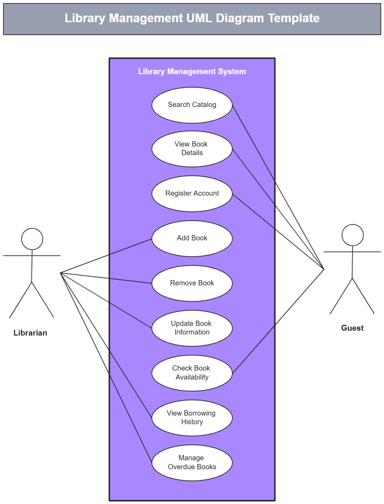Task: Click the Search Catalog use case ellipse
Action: pyautogui.click(x=192, y=105)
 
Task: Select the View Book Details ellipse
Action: pyautogui.click(x=192, y=148)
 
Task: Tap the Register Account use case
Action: pyautogui.click(x=192, y=193)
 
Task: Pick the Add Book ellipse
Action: pyautogui.click(x=192, y=238)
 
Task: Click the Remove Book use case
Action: pyautogui.click(x=192, y=283)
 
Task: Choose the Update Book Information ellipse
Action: pyautogui.click(x=192, y=328)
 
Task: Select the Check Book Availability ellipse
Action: pyautogui.click(x=192, y=373)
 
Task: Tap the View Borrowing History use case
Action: pyautogui.click(x=192, y=418)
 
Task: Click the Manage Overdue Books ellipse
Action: pyautogui.click(x=192, y=463)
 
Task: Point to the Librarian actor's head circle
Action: pyautogui.click(x=32, y=239)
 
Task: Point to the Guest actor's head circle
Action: pyautogui.click(x=352, y=235)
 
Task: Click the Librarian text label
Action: pyautogui.click(x=30, y=333)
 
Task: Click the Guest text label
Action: pyautogui.click(x=352, y=328)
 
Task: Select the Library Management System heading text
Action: pyautogui.click(x=192, y=71)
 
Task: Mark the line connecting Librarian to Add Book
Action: pyautogui.click(x=106, y=256)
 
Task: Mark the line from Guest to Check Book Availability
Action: pyautogui.click(x=278, y=321)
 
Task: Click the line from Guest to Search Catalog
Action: pyautogui.click(x=278, y=187)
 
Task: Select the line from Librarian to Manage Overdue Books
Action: pyautogui.click(x=106, y=367)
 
